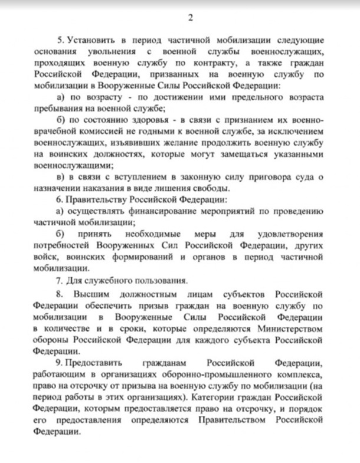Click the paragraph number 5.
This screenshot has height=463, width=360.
[59, 40]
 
